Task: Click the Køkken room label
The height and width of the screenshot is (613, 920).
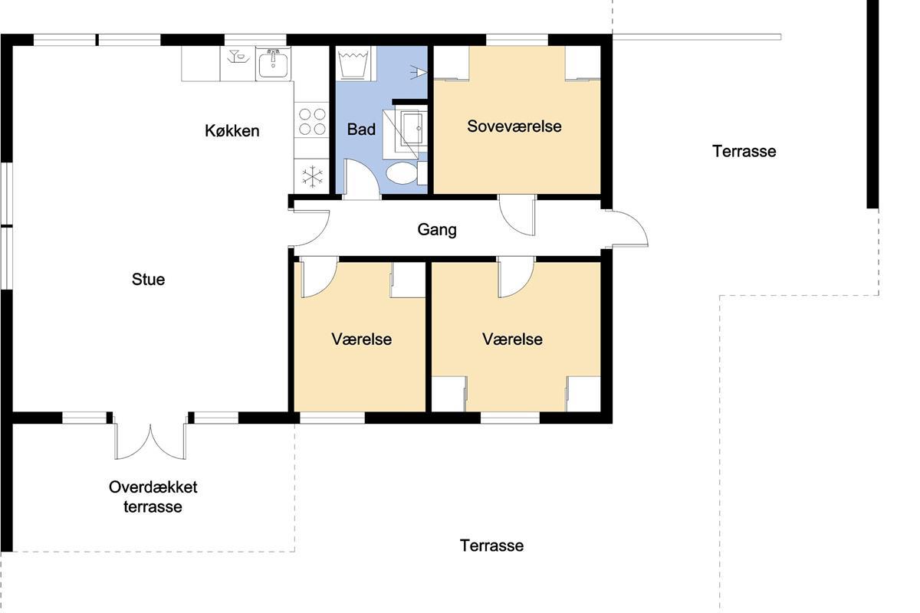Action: pyautogui.click(x=232, y=131)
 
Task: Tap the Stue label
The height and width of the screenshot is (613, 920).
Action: pyautogui.click(x=148, y=280)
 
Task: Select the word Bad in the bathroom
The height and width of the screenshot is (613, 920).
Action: pyautogui.click(x=361, y=129)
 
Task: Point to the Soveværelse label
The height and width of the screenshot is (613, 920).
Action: pyautogui.click(x=514, y=126)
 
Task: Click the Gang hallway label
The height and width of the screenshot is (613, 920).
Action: pyautogui.click(x=437, y=230)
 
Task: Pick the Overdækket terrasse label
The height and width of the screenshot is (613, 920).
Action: pyautogui.click(x=153, y=497)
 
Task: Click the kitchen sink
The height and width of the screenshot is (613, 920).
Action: pyautogui.click(x=273, y=64)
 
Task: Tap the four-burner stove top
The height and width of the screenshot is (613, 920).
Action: pyautogui.click(x=312, y=121)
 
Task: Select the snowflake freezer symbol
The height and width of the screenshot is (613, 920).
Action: pyautogui.click(x=312, y=176)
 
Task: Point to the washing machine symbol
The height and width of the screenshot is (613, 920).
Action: pyautogui.click(x=353, y=63)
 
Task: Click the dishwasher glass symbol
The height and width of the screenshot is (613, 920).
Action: pyautogui.click(x=238, y=57)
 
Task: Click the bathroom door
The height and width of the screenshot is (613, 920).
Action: pyautogui.click(x=361, y=180)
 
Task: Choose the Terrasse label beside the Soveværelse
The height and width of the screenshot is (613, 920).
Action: pyautogui.click(x=744, y=152)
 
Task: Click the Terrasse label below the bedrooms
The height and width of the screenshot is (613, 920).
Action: pyautogui.click(x=491, y=546)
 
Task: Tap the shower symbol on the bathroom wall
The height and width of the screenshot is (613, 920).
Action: pyautogui.click(x=419, y=72)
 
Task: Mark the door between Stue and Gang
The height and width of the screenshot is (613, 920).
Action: pyautogui.click(x=310, y=228)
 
